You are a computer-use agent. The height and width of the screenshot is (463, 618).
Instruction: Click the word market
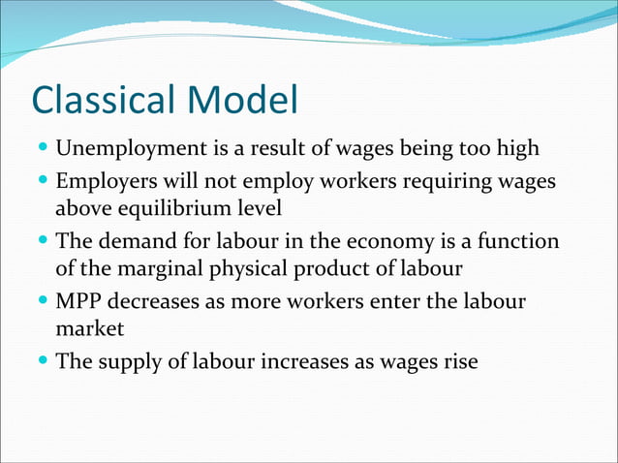[x=89, y=329]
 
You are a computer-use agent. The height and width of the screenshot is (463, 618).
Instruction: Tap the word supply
[x=131, y=360]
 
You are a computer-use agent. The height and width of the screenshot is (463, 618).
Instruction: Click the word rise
[x=459, y=360]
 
